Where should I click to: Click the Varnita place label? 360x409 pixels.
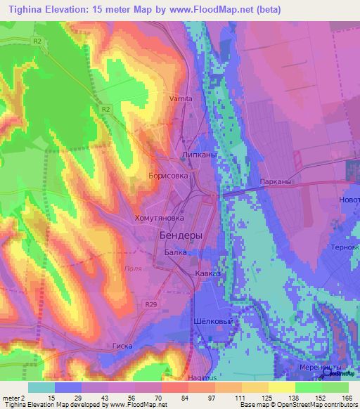click(181, 99)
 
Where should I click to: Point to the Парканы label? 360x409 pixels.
click(275, 182)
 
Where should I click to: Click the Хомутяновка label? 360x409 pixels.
click(159, 219)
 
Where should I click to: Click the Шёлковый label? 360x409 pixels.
click(213, 320)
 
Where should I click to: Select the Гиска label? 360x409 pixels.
click(122, 346)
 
